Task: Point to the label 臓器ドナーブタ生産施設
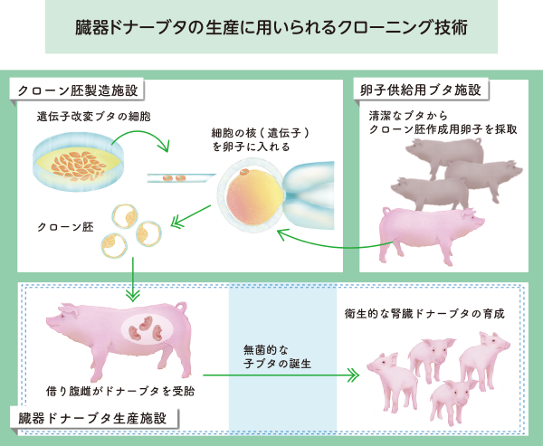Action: pyautogui.click(x=98, y=419)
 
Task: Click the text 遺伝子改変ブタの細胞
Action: pyautogui.click(x=93, y=117)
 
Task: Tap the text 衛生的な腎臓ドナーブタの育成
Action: pyautogui.click(x=424, y=314)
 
